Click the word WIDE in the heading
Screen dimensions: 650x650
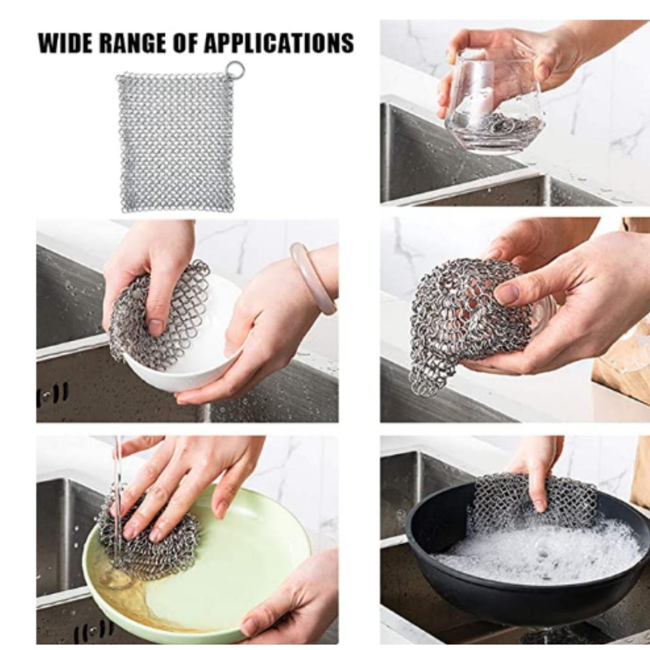(66, 43)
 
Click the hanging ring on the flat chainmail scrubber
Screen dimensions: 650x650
(235, 70)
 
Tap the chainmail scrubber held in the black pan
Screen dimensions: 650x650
(530, 500)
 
